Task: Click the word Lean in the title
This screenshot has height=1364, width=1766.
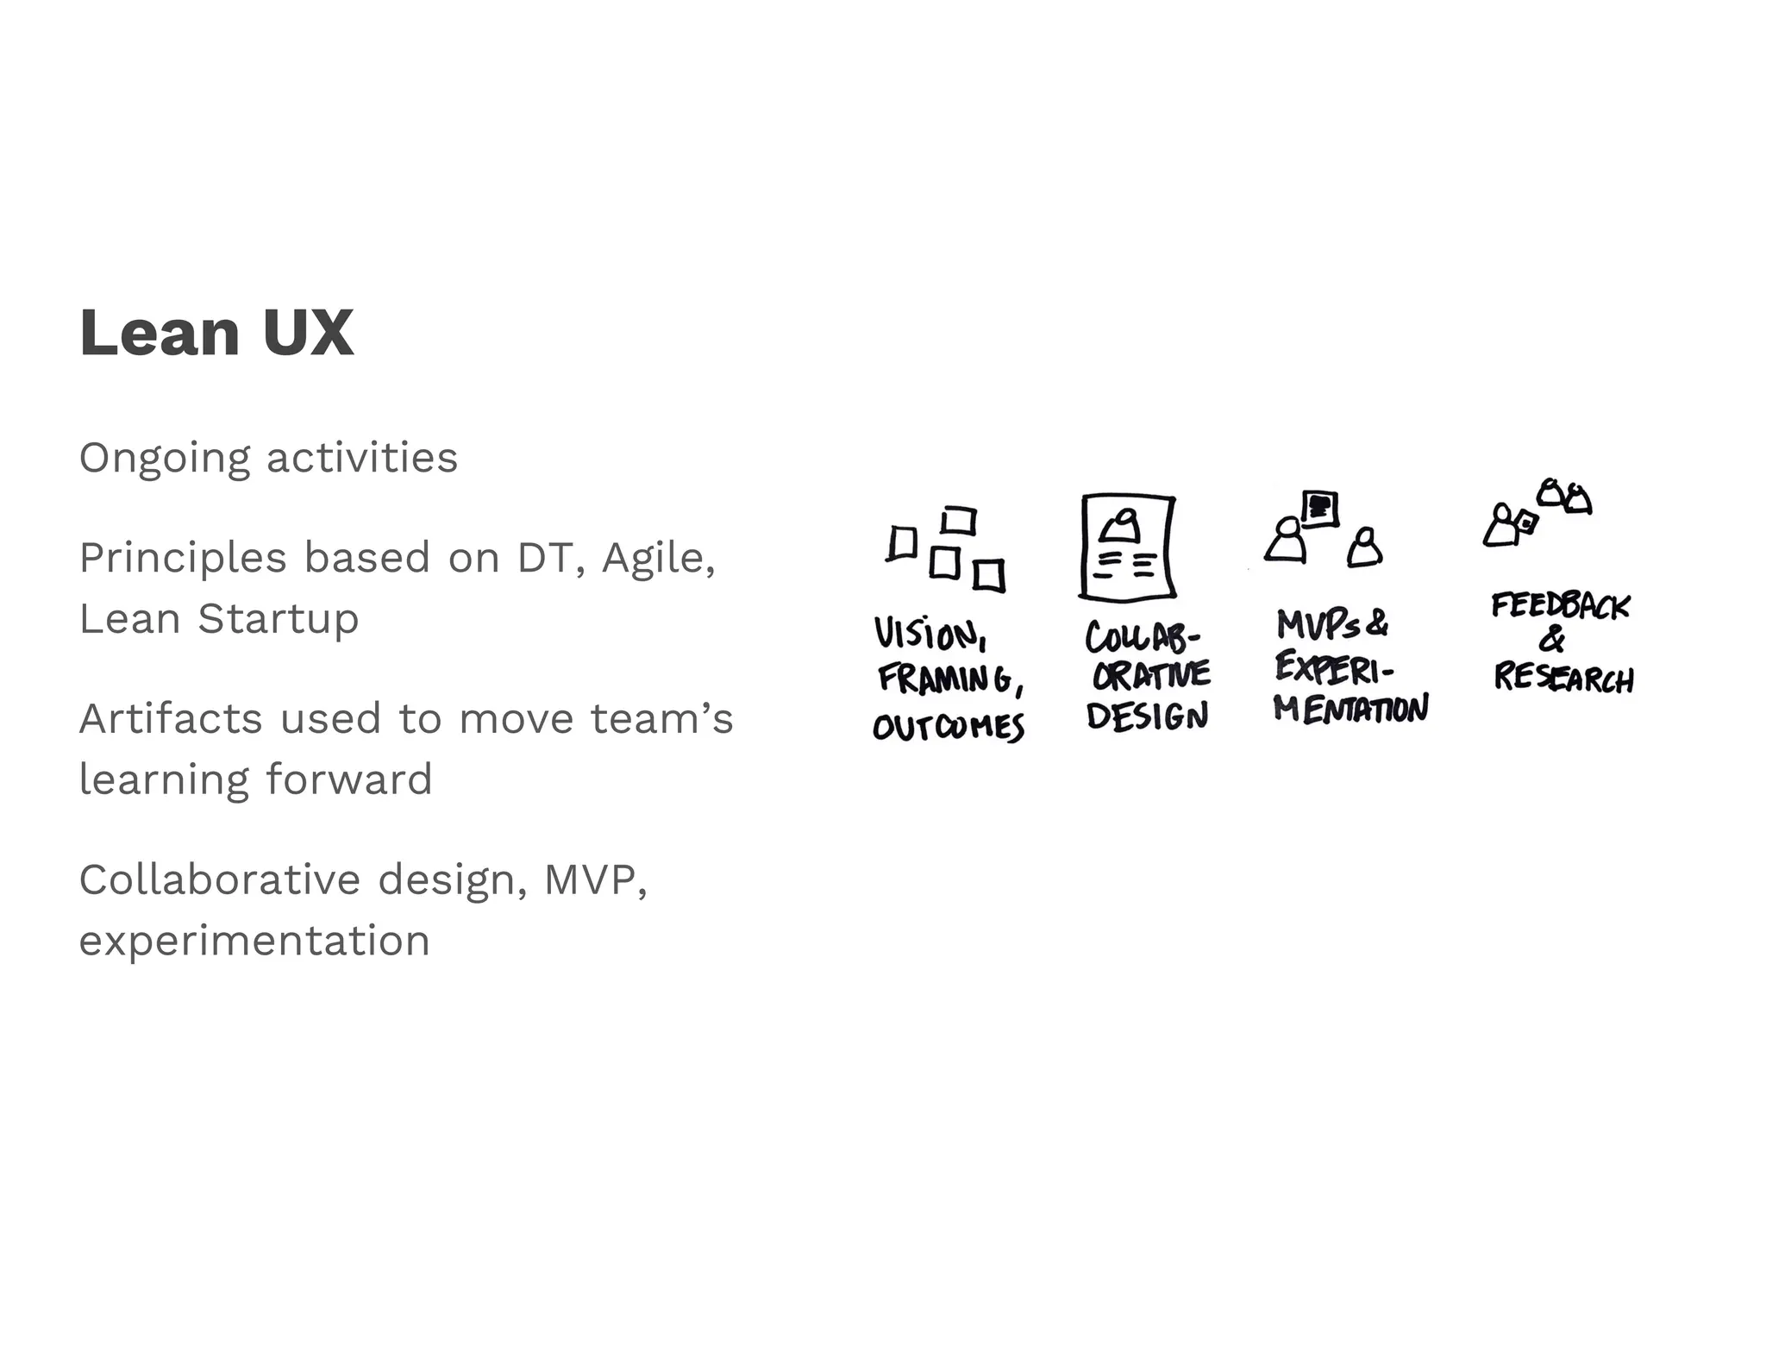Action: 159,333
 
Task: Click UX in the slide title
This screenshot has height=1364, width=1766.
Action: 308,333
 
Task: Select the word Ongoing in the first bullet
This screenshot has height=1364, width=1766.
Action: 165,459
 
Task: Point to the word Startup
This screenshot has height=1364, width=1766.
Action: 278,619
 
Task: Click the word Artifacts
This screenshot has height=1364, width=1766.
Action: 170,718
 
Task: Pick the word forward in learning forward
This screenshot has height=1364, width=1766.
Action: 348,779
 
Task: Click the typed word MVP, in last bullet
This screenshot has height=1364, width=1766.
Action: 595,880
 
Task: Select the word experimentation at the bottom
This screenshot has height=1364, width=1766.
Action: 254,941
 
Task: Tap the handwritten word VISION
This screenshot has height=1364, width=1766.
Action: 928,634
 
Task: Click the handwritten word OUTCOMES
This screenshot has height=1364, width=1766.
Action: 948,727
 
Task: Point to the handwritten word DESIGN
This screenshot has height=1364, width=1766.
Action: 1147,716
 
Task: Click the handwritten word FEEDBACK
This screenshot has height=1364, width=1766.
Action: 1560,605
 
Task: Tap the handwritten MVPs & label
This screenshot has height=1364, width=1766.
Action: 1331,623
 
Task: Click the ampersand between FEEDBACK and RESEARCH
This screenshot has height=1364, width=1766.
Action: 1552,640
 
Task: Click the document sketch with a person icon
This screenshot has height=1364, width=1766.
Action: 1127,547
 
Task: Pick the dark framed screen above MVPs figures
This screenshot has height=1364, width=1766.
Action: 1319,508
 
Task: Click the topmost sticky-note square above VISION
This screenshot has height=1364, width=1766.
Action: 958,521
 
